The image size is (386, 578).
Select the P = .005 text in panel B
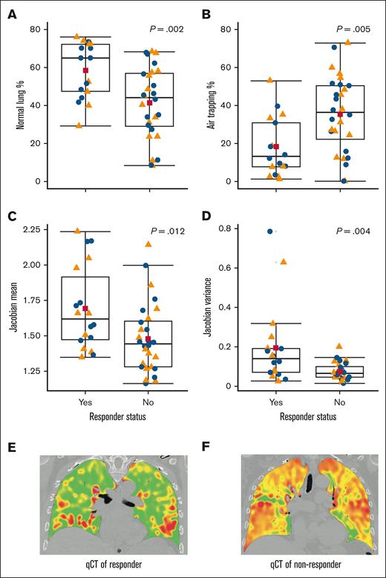353,29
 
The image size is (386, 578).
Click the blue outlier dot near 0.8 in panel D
271,231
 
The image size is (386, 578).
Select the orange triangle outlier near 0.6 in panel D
283,262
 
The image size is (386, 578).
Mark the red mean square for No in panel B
340,114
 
